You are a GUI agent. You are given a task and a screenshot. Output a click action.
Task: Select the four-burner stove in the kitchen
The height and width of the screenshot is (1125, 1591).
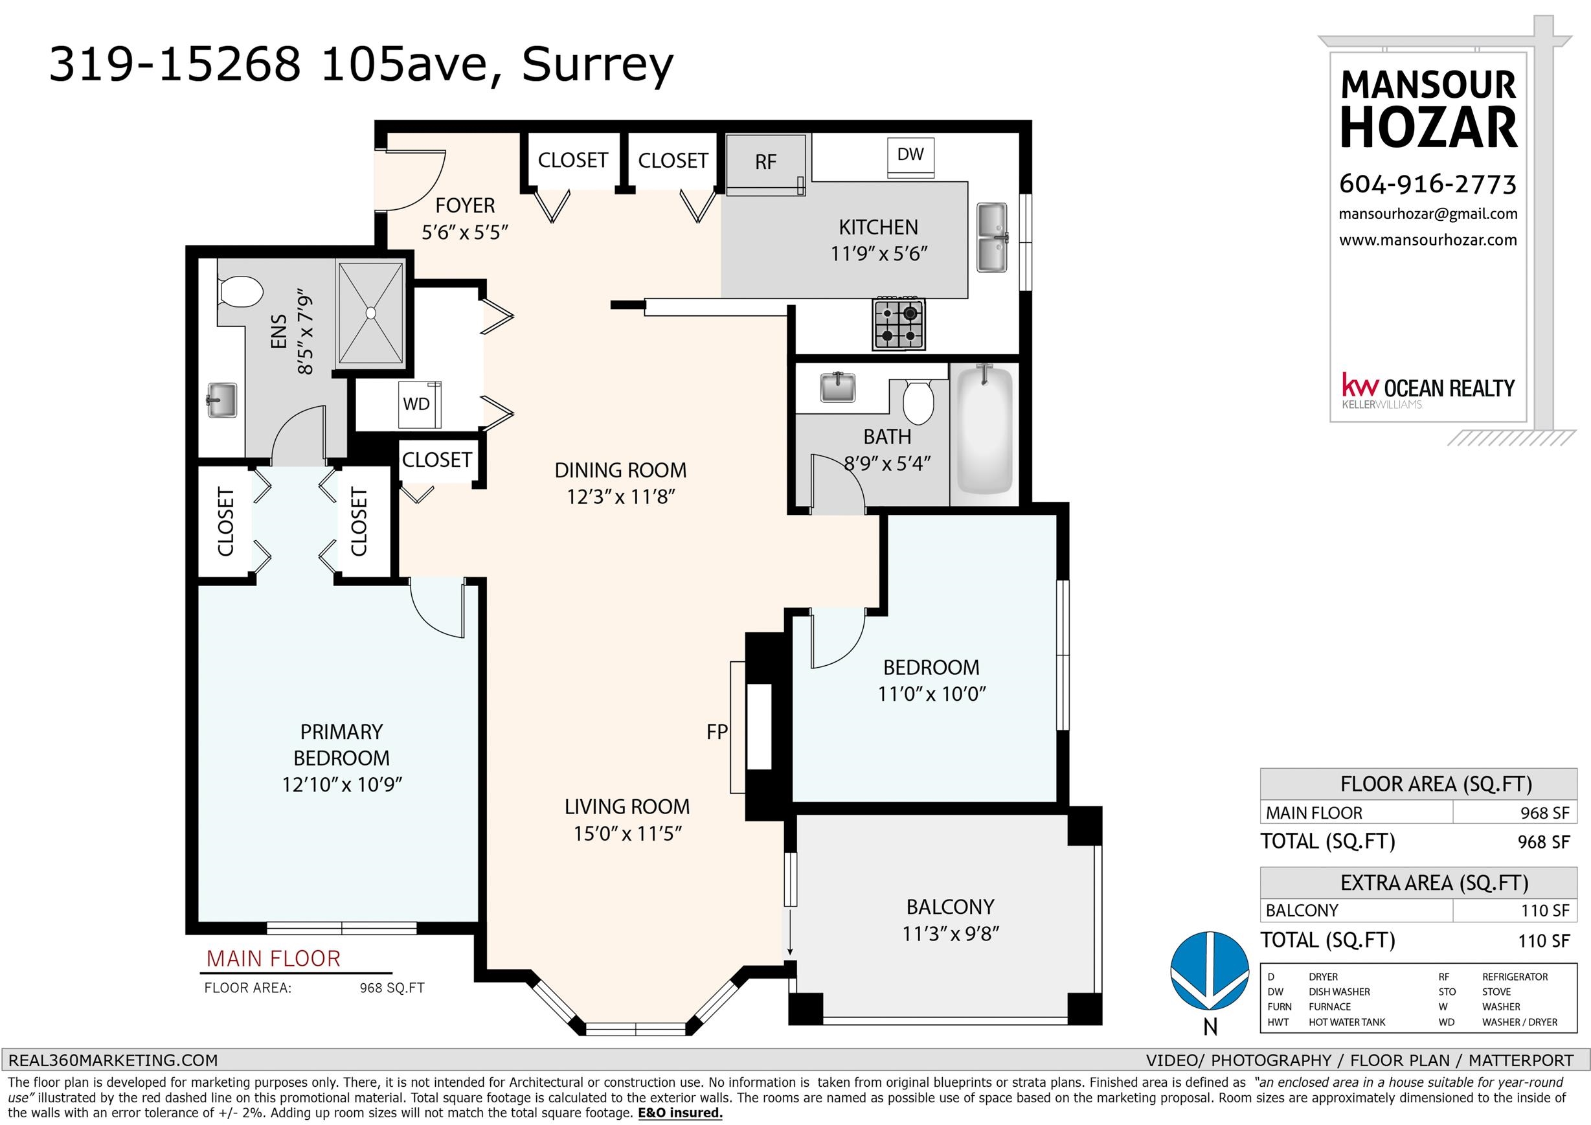click(x=897, y=324)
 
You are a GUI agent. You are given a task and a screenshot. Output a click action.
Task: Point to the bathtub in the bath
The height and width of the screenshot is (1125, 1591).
click(x=984, y=431)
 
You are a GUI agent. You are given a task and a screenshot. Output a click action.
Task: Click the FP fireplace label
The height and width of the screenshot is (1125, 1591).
click(x=717, y=731)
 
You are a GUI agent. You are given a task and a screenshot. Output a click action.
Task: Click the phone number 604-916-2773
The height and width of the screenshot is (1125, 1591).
click(x=1428, y=184)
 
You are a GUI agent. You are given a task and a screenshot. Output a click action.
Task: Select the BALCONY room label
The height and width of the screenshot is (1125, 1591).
click(x=950, y=907)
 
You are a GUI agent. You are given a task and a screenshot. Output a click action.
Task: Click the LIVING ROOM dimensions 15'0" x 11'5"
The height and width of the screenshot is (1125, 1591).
click(x=628, y=833)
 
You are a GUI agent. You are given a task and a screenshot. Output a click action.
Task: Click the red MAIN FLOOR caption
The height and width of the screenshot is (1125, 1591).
click(x=274, y=959)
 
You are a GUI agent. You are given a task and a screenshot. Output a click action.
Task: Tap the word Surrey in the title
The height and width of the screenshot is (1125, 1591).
click(x=597, y=67)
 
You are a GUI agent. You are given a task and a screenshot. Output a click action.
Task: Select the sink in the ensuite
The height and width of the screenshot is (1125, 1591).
click(x=221, y=402)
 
